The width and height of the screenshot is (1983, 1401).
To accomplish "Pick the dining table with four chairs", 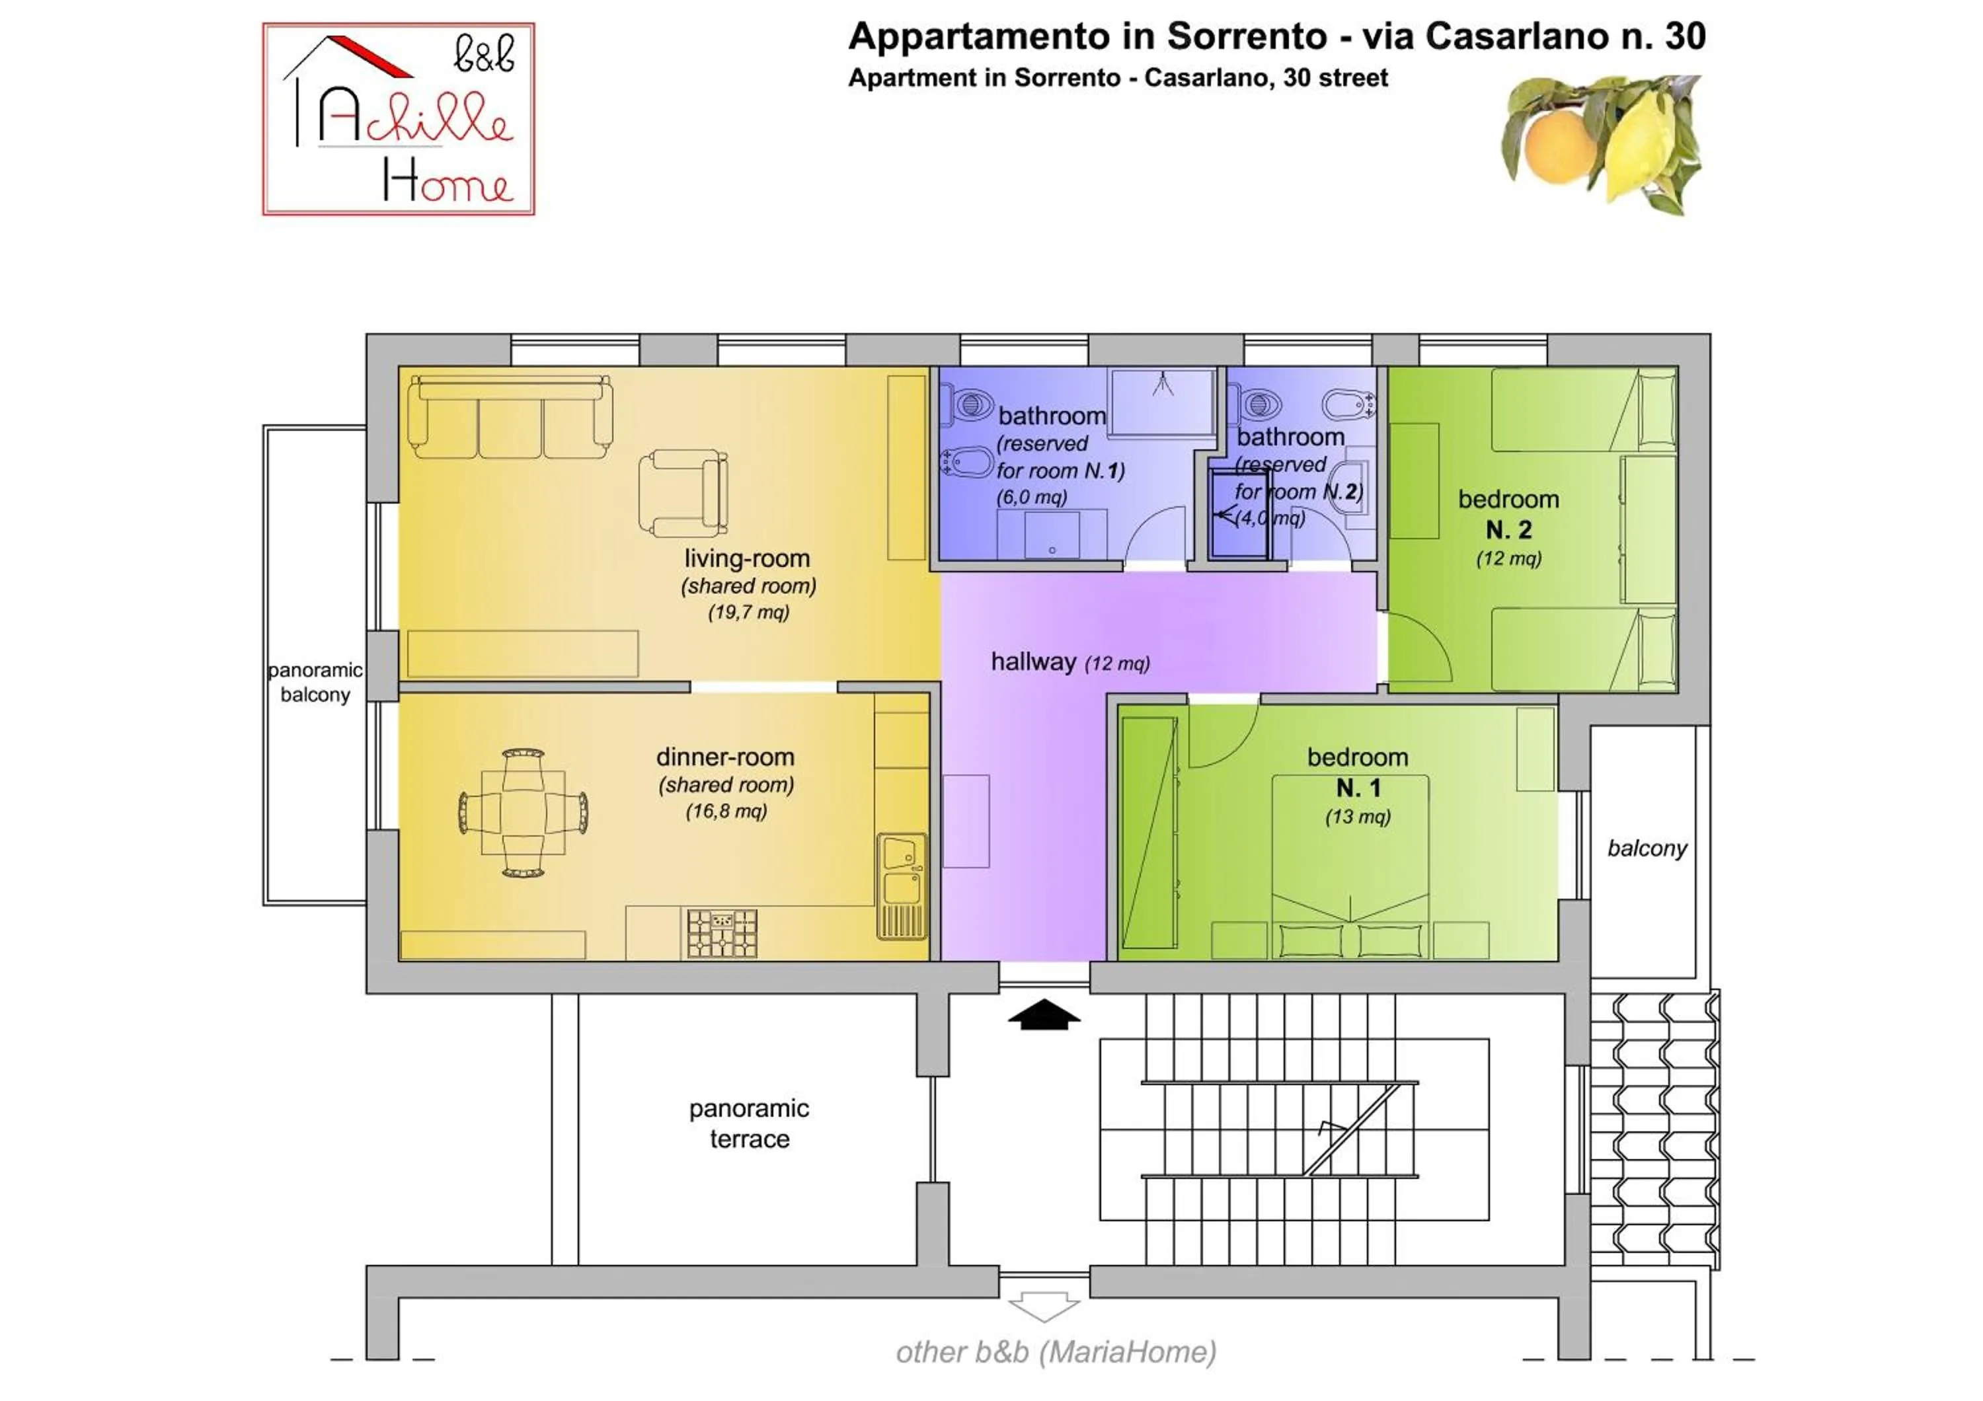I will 523,812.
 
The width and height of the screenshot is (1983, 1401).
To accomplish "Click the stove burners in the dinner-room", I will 722,933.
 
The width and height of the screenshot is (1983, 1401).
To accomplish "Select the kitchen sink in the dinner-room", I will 902,885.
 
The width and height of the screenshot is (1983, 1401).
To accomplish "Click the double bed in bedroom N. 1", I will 1349,868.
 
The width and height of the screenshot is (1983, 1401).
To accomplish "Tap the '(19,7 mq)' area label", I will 749,613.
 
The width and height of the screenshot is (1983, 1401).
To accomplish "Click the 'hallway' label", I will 1033,662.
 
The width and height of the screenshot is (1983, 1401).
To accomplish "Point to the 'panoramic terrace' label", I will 749,1123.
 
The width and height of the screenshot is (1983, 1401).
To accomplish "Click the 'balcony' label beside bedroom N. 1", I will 1646,849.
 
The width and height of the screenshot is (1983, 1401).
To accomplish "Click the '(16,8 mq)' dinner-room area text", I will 726,812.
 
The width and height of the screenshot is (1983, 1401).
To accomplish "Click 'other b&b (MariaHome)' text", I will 1056,1352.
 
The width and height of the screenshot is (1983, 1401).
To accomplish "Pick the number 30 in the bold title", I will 1684,37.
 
